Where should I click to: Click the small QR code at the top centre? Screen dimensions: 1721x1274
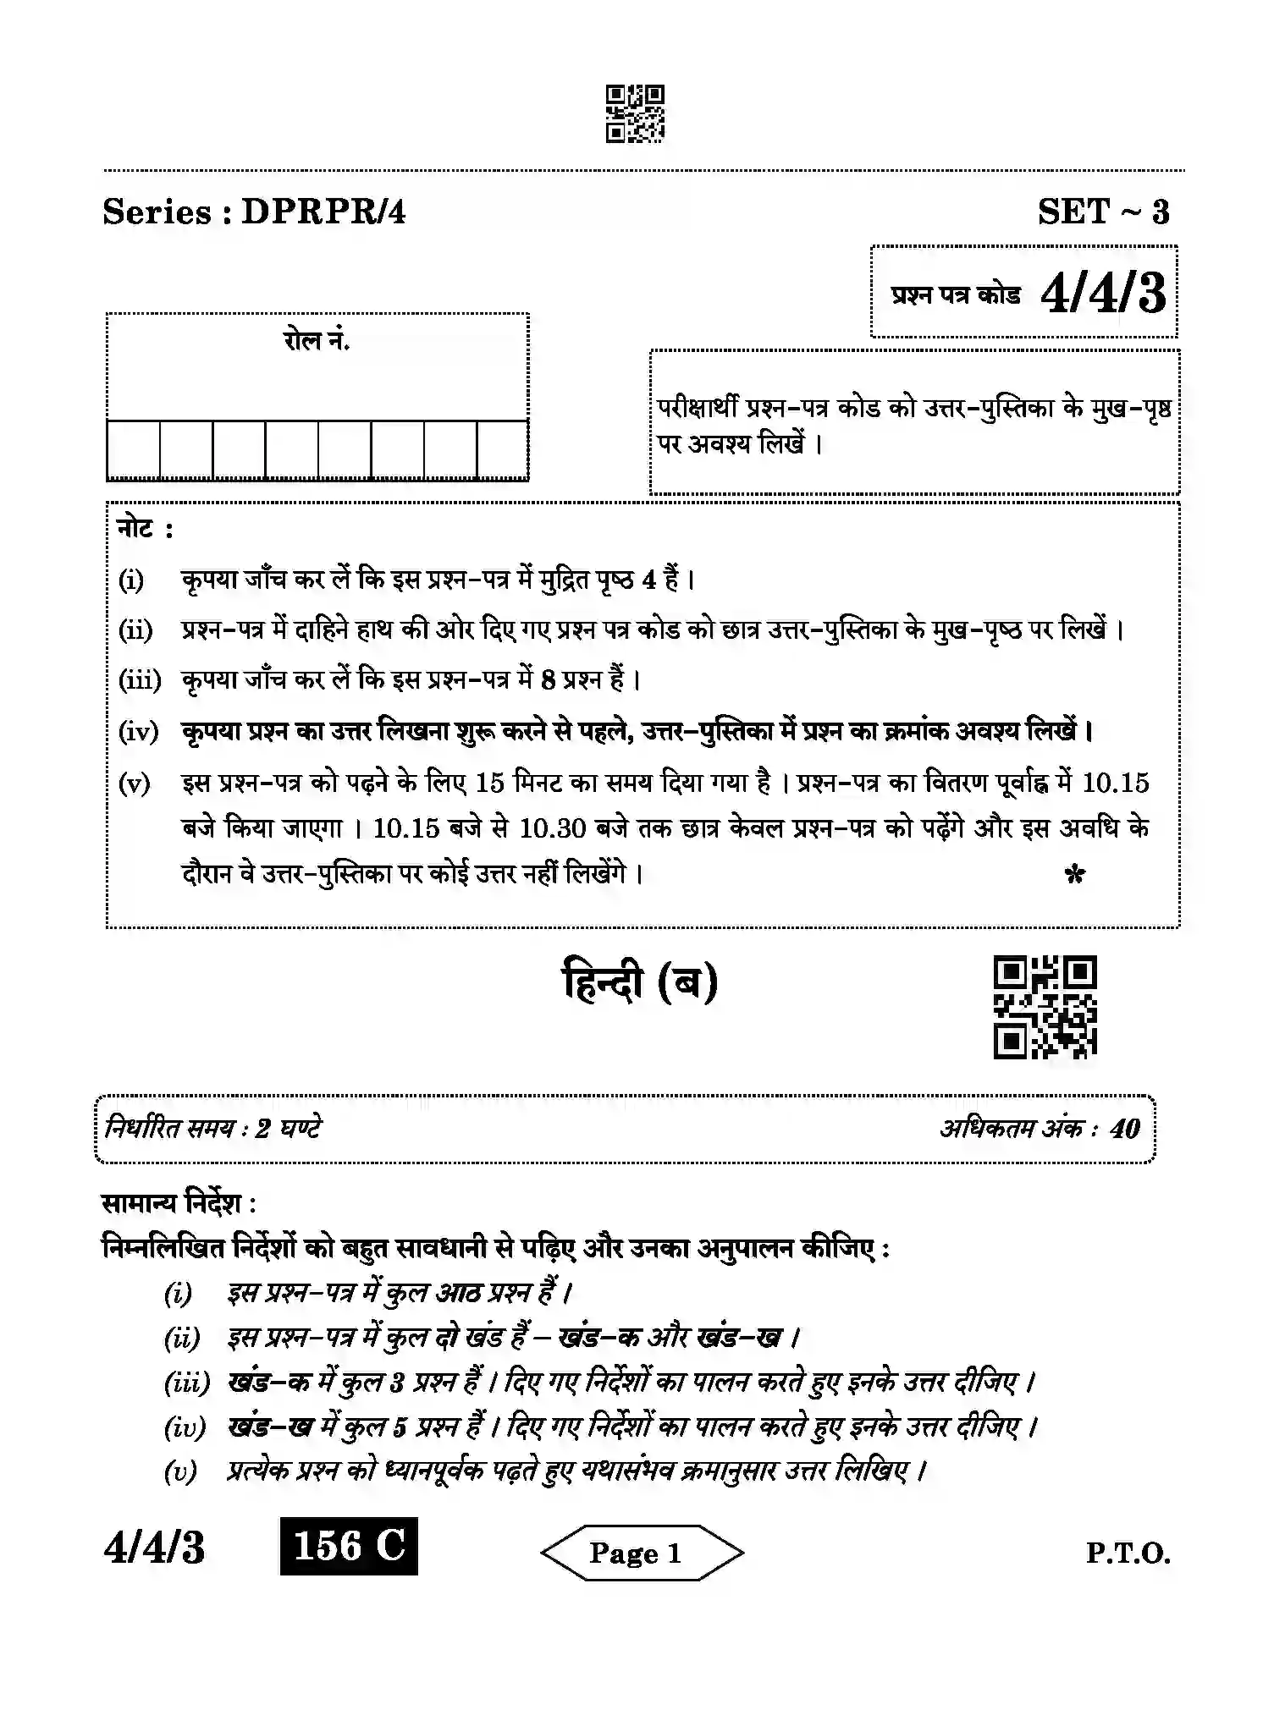pos(635,113)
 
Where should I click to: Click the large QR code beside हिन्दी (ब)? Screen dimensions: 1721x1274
pos(1045,1007)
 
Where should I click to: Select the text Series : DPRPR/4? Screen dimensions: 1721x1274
pos(254,212)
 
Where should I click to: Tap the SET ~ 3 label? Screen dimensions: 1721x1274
pos(1104,212)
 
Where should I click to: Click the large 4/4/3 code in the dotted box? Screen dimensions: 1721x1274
pos(1103,294)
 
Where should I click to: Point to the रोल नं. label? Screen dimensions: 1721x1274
pos(317,341)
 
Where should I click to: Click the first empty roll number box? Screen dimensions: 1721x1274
pos(133,450)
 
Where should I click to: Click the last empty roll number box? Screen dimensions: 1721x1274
pos(503,450)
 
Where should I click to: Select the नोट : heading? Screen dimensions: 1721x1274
pos(145,529)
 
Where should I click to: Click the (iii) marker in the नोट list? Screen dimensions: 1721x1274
pos(140,680)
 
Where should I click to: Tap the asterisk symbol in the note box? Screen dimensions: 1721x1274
pos(1074,875)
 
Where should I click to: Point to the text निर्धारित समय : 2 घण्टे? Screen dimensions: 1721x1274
pos(212,1128)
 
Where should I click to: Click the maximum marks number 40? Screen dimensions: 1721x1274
pos(1125,1129)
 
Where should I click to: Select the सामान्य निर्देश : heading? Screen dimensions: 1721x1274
pos(179,1203)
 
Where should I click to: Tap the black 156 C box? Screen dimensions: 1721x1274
pos(349,1547)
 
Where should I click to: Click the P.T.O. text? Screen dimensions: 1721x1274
pos(1128,1553)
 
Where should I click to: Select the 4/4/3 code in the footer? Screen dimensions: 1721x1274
pos(154,1548)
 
